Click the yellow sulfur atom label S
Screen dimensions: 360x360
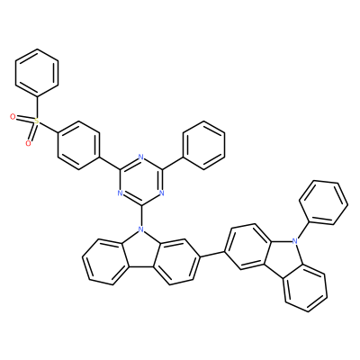point(37,121)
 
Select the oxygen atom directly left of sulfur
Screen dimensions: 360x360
point(13,116)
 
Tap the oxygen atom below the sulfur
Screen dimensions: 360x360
point(28,143)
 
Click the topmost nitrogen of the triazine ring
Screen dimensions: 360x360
point(141,157)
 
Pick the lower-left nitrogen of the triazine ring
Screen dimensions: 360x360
point(120,193)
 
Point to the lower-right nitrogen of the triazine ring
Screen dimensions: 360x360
point(162,193)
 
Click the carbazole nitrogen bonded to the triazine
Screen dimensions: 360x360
point(140,229)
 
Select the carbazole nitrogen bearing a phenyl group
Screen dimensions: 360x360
point(295,240)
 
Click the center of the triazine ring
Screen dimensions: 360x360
point(141,181)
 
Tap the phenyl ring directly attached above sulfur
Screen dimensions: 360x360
point(37,73)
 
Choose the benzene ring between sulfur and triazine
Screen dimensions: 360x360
point(78,146)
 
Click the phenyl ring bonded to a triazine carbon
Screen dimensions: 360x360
point(204,146)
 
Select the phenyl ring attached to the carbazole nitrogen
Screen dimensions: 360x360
point(324,202)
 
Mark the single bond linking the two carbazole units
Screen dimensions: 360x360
point(211,254)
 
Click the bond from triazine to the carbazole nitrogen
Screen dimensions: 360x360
point(141,216)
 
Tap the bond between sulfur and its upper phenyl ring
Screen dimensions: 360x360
point(37,107)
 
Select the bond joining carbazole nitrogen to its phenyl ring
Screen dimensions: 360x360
point(302,230)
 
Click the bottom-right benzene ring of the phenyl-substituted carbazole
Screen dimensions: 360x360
point(305,288)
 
